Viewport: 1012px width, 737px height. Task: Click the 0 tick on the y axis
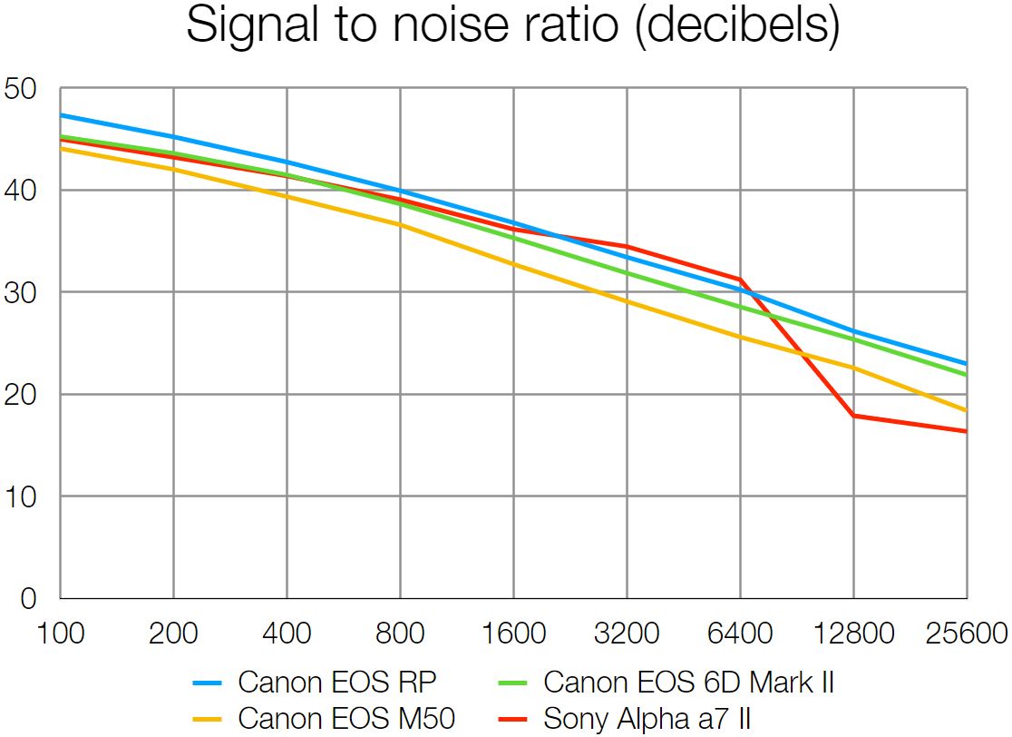(28, 599)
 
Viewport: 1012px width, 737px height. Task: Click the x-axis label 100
(60, 633)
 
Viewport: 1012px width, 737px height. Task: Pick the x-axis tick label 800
(400, 633)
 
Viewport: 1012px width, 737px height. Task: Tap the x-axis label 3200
(627, 633)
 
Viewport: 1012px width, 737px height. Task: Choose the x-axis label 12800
(853, 633)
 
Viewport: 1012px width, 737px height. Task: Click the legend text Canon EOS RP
(344, 682)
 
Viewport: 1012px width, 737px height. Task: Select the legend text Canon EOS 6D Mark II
(688, 682)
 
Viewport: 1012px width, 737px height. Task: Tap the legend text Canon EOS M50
(346, 719)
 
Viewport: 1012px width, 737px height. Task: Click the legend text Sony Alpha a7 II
(647, 719)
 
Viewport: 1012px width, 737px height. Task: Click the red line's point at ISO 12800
(853, 416)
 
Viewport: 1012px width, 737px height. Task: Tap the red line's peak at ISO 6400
(740, 280)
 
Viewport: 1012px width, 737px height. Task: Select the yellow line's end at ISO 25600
(966, 410)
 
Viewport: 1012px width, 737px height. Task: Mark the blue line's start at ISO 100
(61, 115)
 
